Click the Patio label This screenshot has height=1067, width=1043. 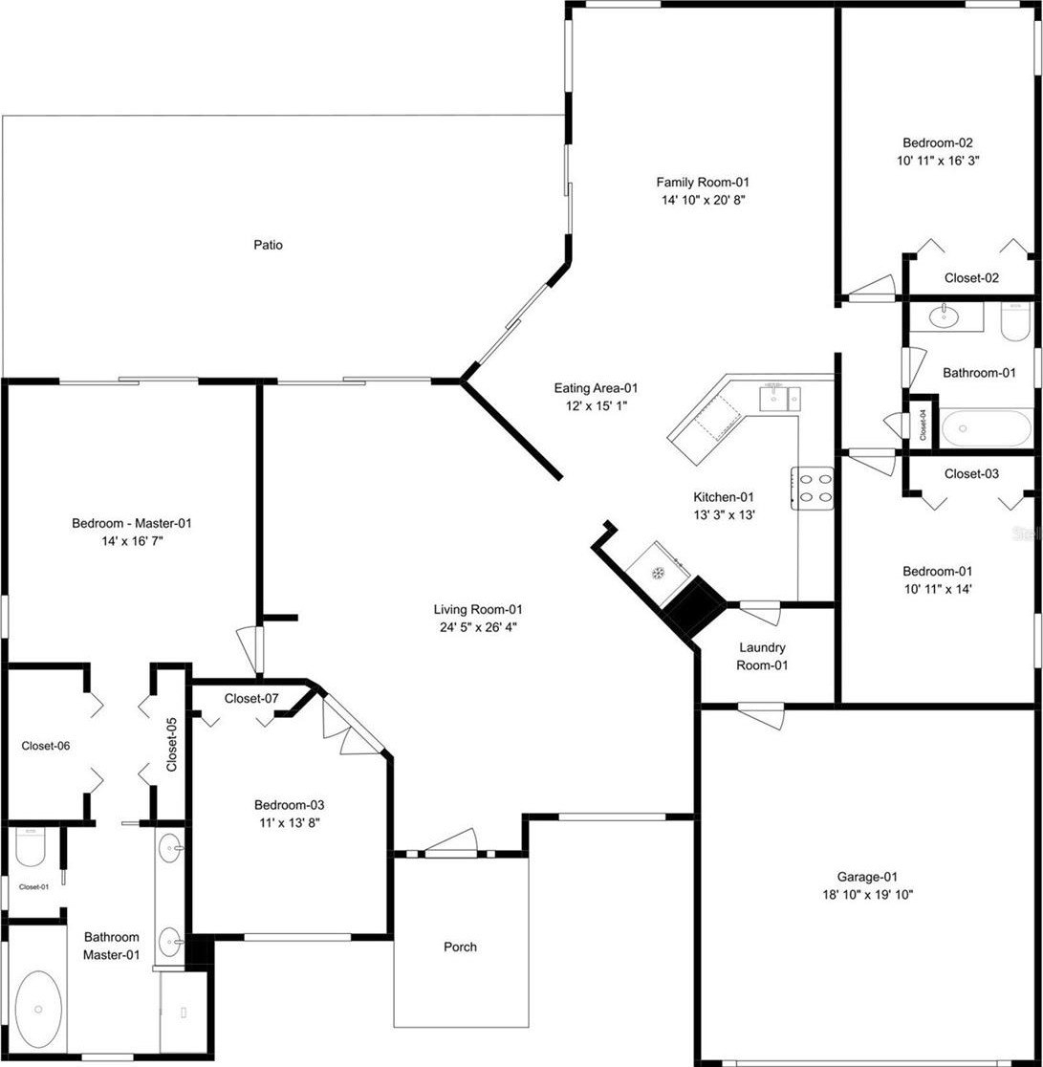268,245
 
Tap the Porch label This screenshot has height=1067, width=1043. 460,947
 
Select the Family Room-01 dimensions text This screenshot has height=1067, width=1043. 703,200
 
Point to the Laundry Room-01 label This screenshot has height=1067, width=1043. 762,656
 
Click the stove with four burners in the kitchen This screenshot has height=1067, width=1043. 813,488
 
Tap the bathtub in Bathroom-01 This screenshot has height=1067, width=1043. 987,427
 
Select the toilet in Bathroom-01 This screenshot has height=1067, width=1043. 1016,321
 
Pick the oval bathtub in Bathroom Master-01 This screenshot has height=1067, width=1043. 38,1010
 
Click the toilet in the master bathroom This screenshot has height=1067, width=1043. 30,847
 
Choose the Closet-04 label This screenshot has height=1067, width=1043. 923,424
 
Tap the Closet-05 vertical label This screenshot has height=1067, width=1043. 171,745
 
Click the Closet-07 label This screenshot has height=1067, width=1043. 251,698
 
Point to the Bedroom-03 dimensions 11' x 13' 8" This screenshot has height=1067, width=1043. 289,822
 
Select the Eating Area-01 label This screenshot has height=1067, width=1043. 596,388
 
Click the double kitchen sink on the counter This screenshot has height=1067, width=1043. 780,398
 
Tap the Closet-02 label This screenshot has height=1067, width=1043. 971,277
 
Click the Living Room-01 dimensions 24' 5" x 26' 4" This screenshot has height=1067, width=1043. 478,627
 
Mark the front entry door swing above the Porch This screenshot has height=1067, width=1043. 450,840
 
